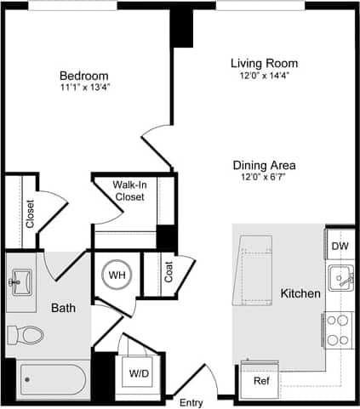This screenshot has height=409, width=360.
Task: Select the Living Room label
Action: tap(264, 63)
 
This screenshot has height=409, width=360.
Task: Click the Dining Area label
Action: tap(264, 165)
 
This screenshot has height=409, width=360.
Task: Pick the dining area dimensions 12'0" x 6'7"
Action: tap(264, 179)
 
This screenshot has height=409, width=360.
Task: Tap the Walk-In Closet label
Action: tap(129, 190)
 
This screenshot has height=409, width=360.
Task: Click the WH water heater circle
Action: tap(116, 275)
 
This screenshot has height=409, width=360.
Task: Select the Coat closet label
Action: tap(169, 272)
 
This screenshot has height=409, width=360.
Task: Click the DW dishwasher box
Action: tap(340, 246)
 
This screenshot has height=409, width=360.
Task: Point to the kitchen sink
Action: tap(340, 278)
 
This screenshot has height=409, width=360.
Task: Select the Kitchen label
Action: tap(300, 294)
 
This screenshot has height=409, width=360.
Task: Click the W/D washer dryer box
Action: tap(138, 372)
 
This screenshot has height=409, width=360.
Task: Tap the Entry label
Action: tap(191, 401)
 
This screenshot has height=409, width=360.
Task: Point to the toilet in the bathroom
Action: tap(26, 334)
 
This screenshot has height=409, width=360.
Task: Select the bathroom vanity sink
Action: tap(20, 281)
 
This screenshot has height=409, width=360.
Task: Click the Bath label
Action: tap(64, 308)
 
